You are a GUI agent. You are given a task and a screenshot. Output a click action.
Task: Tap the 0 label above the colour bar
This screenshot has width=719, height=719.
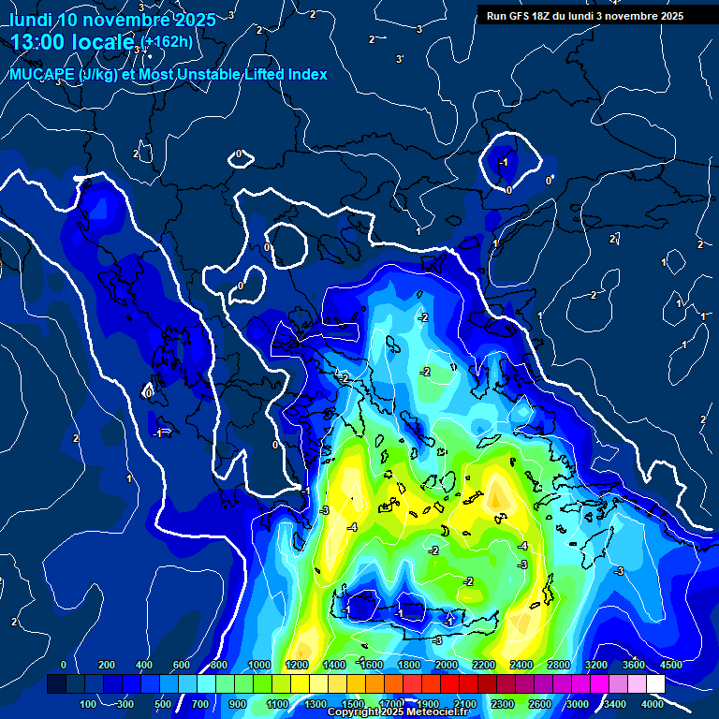(x=64, y=665)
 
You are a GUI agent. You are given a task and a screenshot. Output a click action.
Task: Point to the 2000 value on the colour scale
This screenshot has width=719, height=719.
(x=447, y=665)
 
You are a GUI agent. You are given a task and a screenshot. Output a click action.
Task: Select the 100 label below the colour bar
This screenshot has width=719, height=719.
(x=88, y=704)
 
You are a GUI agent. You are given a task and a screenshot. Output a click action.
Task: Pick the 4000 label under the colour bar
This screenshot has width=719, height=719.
(x=653, y=704)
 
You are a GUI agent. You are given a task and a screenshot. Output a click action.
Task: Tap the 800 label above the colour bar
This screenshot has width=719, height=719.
(x=219, y=665)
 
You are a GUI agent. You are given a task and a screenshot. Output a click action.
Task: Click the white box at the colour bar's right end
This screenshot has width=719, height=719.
(x=655, y=684)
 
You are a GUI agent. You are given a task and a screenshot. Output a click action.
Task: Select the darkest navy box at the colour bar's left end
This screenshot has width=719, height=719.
(x=56, y=684)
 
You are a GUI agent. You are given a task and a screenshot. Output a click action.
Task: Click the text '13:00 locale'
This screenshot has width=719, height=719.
(x=73, y=41)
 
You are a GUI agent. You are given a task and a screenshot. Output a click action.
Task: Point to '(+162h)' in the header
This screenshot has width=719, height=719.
(x=169, y=41)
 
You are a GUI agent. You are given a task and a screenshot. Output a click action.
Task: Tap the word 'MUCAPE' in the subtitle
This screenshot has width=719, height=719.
(x=44, y=74)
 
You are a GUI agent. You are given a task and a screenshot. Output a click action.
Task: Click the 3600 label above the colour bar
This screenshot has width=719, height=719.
(x=634, y=665)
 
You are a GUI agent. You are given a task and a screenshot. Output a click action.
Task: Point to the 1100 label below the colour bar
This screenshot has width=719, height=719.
(x=277, y=704)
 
